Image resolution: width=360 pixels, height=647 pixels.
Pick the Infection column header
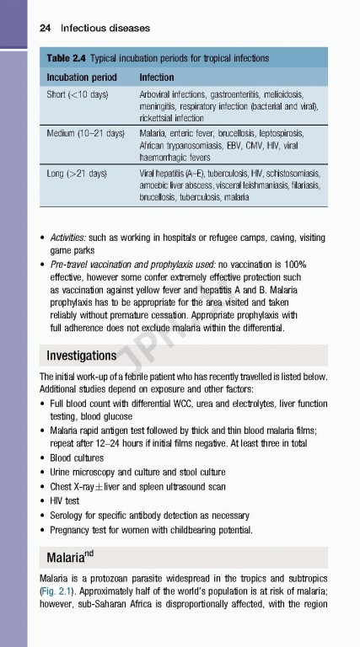157,77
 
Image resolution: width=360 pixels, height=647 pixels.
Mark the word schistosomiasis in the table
286,173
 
